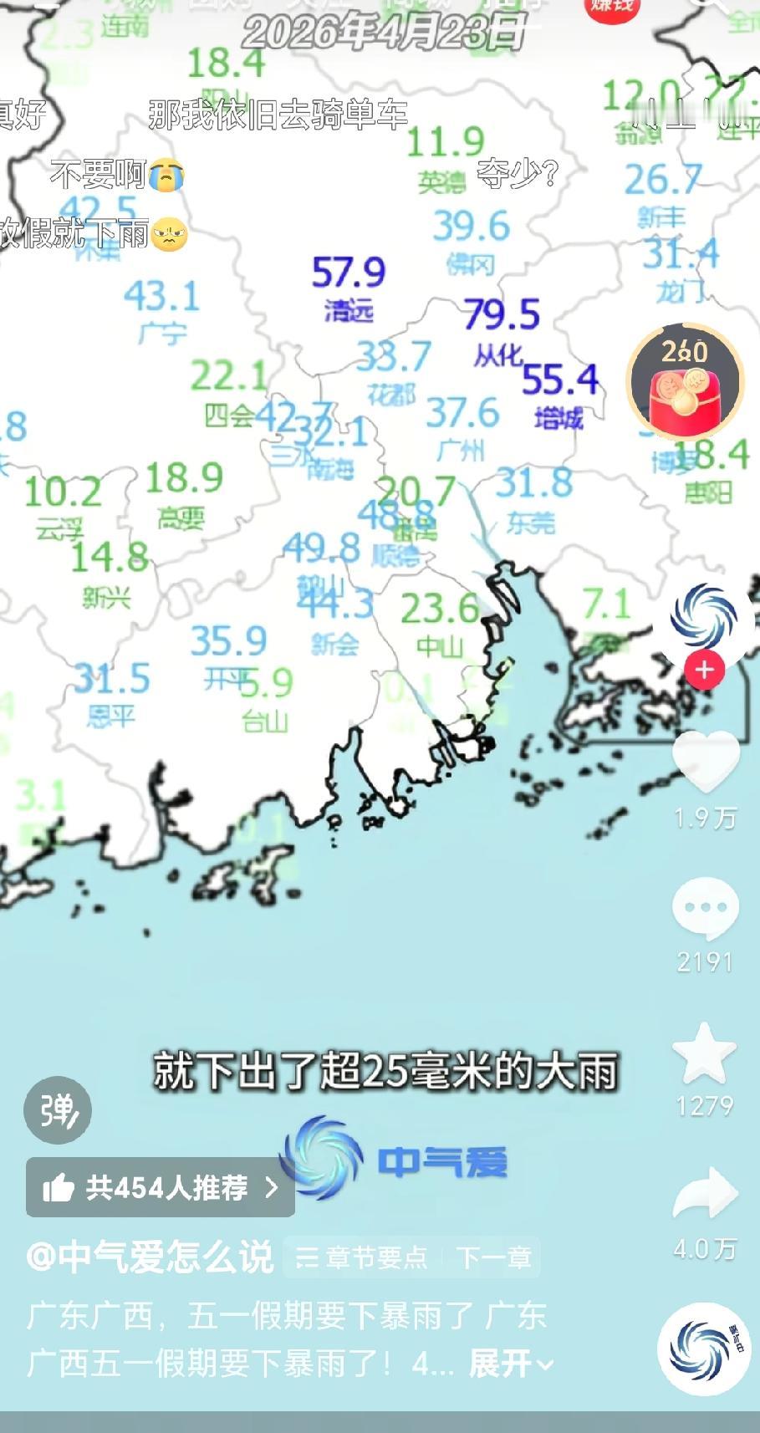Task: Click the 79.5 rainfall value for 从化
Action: tap(502, 314)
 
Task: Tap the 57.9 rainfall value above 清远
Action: tap(349, 273)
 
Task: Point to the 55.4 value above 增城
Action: tap(560, 380)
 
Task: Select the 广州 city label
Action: tap(460, 451)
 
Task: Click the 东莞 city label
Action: tap(531, 523)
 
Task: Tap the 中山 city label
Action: tap(440, 645)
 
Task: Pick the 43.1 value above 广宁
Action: tap(161, 296)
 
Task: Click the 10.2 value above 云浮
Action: tap(63, 492)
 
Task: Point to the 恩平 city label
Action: tap(110, 716)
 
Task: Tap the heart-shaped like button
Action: tap(706, 760)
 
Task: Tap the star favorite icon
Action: tap(705, 1053)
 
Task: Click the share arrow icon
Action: tap(705, 1194)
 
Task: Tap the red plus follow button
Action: tap(704, 671)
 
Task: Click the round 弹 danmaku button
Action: tap(58, 1110)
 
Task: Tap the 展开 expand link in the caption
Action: tap(511, 1364)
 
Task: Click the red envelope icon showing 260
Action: tap(686, 381)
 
